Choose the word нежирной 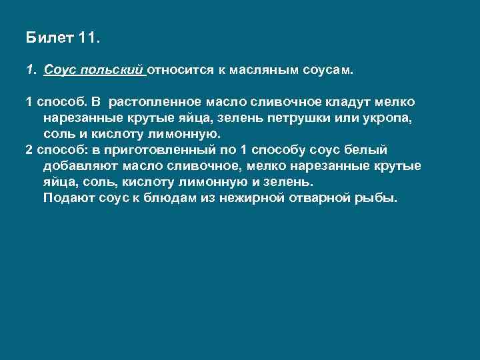(258, 198)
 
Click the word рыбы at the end (380, 198)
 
